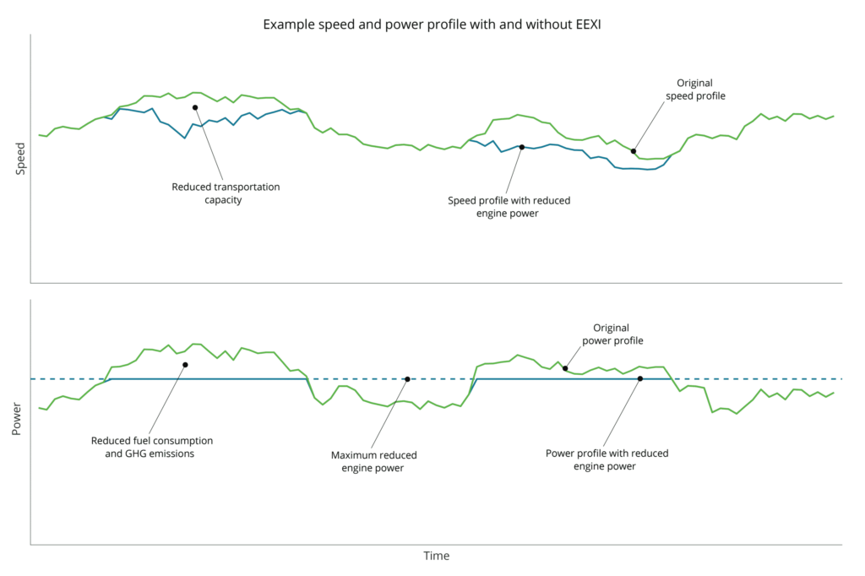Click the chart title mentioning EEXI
[x=432, y=24]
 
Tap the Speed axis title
[x=21, y=158]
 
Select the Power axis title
[x=17, y=419]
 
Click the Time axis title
[x=436, y=556]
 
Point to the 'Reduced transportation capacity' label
[x=226, y=193]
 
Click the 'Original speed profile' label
[x=700, y=90]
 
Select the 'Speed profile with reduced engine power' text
[x=509, y=207]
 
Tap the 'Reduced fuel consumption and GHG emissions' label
[x=152, y=447]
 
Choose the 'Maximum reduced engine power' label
[x=373, y=461]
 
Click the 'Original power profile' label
[x=612, y=334]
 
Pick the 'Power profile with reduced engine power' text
[x=607, y=459]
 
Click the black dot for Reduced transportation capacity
[x=195, y=107]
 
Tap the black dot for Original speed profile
[x=634, y=151]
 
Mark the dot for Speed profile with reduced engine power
[x=521, y=147]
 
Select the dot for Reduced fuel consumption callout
[x=185, y=365]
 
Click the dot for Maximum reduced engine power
[x=407, y=379]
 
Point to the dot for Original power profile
[x=565, y=368]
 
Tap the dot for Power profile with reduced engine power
[x=640, y=379]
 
